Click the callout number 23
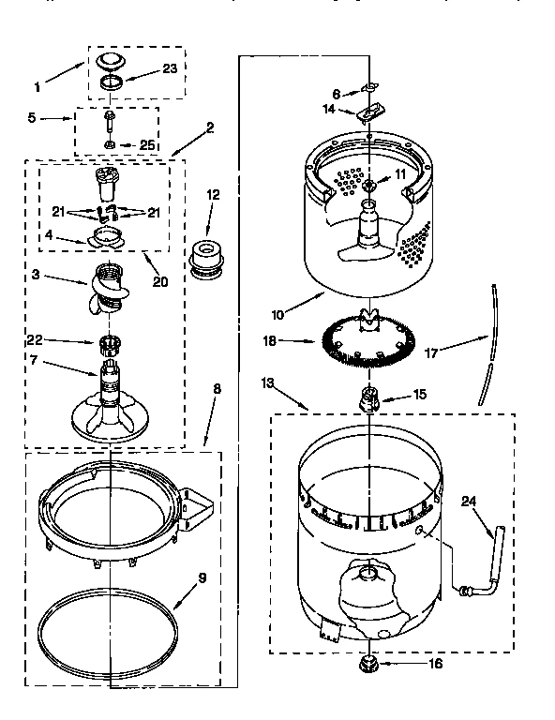(x=169, y=67)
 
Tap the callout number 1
(x=37, y=87)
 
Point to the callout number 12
(x=213, y=195)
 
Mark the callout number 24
(x=469, y=501)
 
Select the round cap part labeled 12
(x=208, y=258)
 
